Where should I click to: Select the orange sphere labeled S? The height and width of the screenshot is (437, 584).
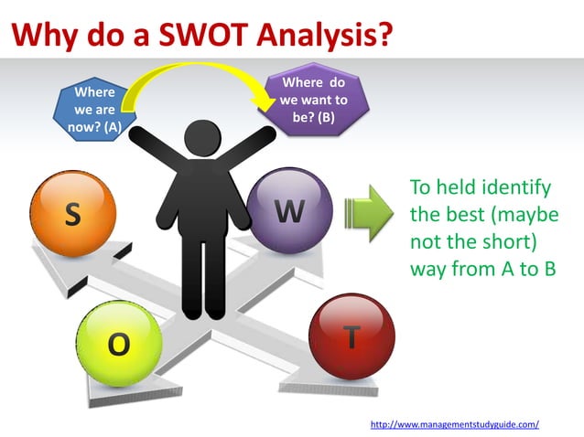pos(73,215)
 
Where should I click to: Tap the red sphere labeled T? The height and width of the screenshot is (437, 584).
pos(351,336)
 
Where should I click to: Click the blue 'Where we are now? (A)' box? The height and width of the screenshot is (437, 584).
pos(94,108)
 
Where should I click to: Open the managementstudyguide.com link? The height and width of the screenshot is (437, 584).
pos(454,424)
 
